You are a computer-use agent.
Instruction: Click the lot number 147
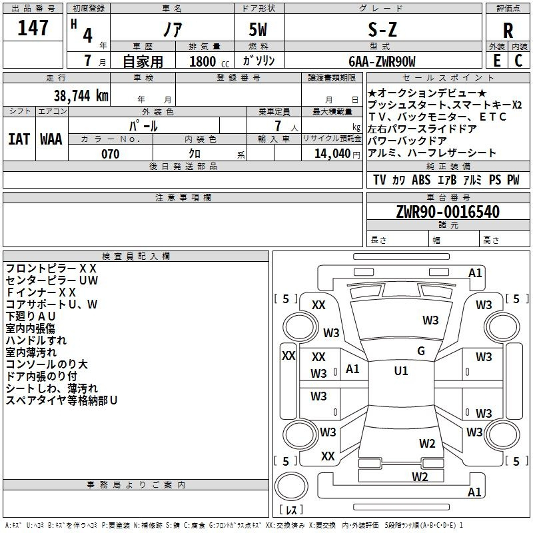tap(33, 28)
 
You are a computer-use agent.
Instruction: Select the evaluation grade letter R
tap(508, 31)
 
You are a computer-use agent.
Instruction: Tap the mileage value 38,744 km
tap(81, 96)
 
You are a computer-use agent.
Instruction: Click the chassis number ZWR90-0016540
tap(448, 212)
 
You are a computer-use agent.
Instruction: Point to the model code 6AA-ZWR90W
tap(382, 61)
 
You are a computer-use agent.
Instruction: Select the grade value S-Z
tap(382, 30)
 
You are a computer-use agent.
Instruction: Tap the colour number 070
tap(111, 154)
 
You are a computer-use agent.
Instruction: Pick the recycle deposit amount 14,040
tap(332, 154)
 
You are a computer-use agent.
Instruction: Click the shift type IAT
tap(19, 139)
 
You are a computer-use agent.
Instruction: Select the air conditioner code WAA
tap(51, 139)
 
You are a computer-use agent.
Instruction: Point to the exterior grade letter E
tap(496, 61)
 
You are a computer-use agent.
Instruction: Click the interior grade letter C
tap(518, 61)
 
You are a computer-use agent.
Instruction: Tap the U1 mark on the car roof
tap(401, 371)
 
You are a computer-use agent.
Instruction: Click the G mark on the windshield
tap(421, 351)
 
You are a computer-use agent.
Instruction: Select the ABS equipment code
tap(421, 180)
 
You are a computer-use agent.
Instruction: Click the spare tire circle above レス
tap(290, 486)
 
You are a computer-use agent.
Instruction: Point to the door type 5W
tap(258, 30)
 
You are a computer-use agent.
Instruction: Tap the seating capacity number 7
tap(278, 126)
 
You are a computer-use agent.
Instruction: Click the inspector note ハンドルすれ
tap(36, 340)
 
